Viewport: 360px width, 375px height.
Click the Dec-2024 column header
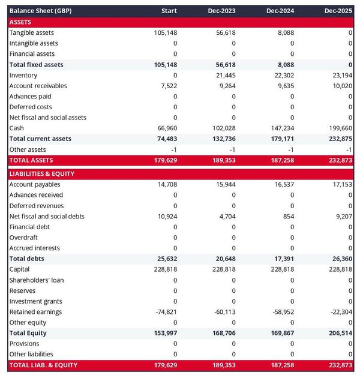click(x=279, y=11)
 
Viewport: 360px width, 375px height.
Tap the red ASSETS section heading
click(x=21, y=22)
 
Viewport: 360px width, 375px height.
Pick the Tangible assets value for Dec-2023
click(x=226, y=32)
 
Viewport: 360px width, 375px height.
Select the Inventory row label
click(x=23, y=75)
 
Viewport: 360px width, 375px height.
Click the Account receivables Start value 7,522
click(x=168, y=86)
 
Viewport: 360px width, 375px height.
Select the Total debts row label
click(x=27, y=259)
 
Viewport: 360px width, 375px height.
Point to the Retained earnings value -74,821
click(x=165, y=312)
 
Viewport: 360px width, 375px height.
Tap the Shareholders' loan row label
click(x=37, y=280)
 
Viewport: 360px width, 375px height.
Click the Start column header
click(x=169, y=11)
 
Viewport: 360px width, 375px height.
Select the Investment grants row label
click(x=36, y=301)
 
